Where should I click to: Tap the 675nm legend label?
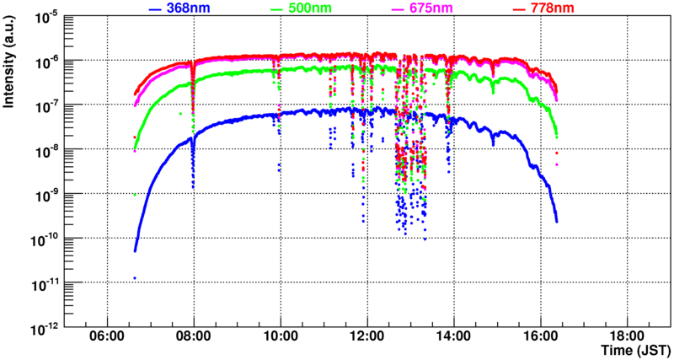click(x=435, y=8)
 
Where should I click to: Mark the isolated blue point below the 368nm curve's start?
click(x=135, y=277)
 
